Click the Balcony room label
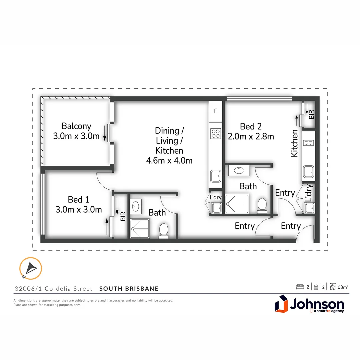click(76, 126)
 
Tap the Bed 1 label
click(79, 199)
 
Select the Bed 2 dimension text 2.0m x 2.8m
click(251, 136)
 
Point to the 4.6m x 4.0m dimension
click(169, 160)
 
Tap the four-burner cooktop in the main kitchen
click(216, 134)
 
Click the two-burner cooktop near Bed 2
click(308, 143)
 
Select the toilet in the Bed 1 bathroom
click(164, 231)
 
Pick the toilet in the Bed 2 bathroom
click(262, 205)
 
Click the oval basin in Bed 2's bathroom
click(239, 171)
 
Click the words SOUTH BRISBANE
click(129, 289)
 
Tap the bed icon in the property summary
click(300, 287)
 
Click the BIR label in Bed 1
click(123, 217)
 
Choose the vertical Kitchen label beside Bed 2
click(295, 143)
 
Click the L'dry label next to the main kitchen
click(216, 197)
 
